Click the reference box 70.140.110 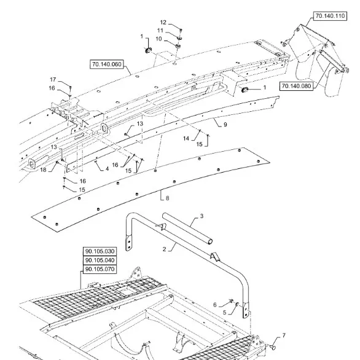click(x=330, y=16)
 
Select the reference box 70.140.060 click(x=106, y=64)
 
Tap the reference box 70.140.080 click(x=296, y=86)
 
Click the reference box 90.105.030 click(x=100, y=251)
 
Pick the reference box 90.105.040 click(x=100, y=260)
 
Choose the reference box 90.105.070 click(x=100, y=269)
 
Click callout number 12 click(x=163, y=22)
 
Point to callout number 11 click(x=160, y=30)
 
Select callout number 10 click(x=158, y=39)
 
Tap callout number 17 click(x=53, y=79)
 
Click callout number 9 click(x=225, y=125)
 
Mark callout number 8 click(x=167, y=198)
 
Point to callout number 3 click(x=202, y=216)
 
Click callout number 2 click(x=164, y=249)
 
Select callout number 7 click(x=284, y=335)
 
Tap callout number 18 click(x=43, y=170)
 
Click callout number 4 click(x=107, y=169)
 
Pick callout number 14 click(x=186, y=138)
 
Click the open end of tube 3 click(x=209, y=241)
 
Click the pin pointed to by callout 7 click(x=273, y=347)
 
